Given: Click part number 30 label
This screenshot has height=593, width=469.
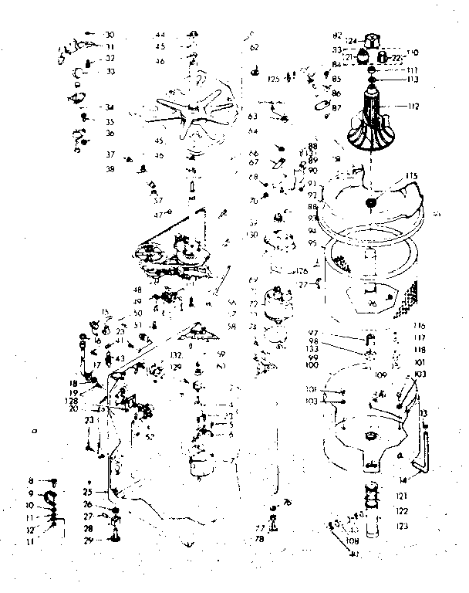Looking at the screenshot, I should click(109, 35).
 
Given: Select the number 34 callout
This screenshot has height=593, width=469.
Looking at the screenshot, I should click(109, 107).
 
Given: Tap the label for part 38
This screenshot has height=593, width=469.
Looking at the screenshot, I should click(110, 169).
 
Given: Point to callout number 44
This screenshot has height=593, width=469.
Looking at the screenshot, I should click(160, 35).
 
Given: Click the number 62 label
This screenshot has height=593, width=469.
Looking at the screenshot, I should click(254, 48).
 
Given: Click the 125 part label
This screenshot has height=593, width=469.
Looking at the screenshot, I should click(273, 78).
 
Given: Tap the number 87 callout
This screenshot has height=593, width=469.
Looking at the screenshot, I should click(336, 107).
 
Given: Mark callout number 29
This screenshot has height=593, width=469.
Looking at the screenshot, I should click(88, 541).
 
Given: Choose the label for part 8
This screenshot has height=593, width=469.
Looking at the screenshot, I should click(32, 481).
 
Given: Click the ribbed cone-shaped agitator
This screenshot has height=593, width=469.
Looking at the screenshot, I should click(373, 120).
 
